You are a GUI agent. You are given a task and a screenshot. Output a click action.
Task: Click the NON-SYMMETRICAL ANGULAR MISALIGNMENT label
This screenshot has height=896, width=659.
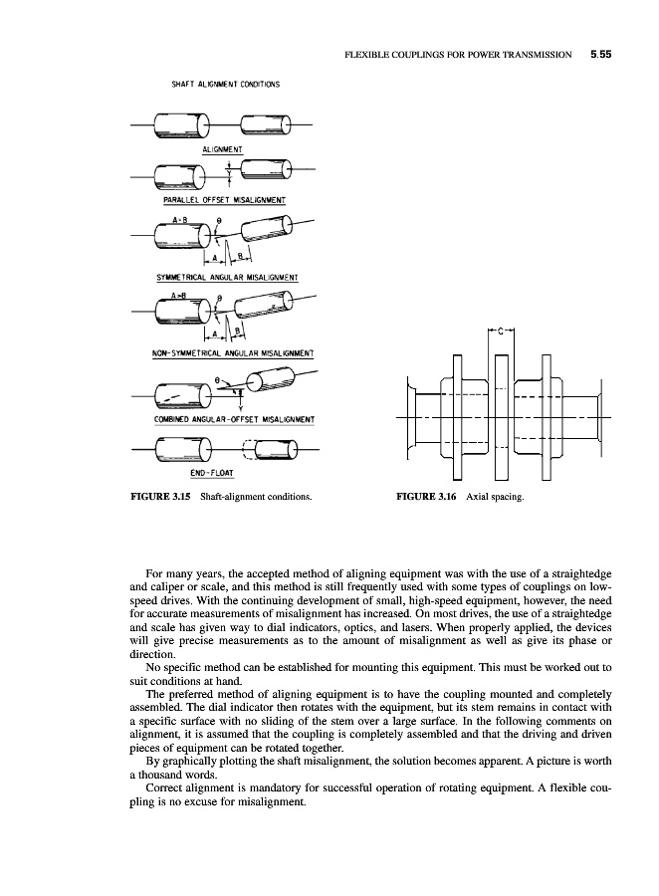click(x=230, y=352)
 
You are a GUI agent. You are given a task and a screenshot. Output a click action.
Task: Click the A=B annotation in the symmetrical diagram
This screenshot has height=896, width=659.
click(x=182, y=218)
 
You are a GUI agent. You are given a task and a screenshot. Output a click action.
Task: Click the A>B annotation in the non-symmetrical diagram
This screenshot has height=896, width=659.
click(x=180, y=296)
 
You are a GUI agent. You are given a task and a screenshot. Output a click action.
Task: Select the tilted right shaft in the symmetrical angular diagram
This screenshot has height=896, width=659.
click(x=258, y=234)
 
